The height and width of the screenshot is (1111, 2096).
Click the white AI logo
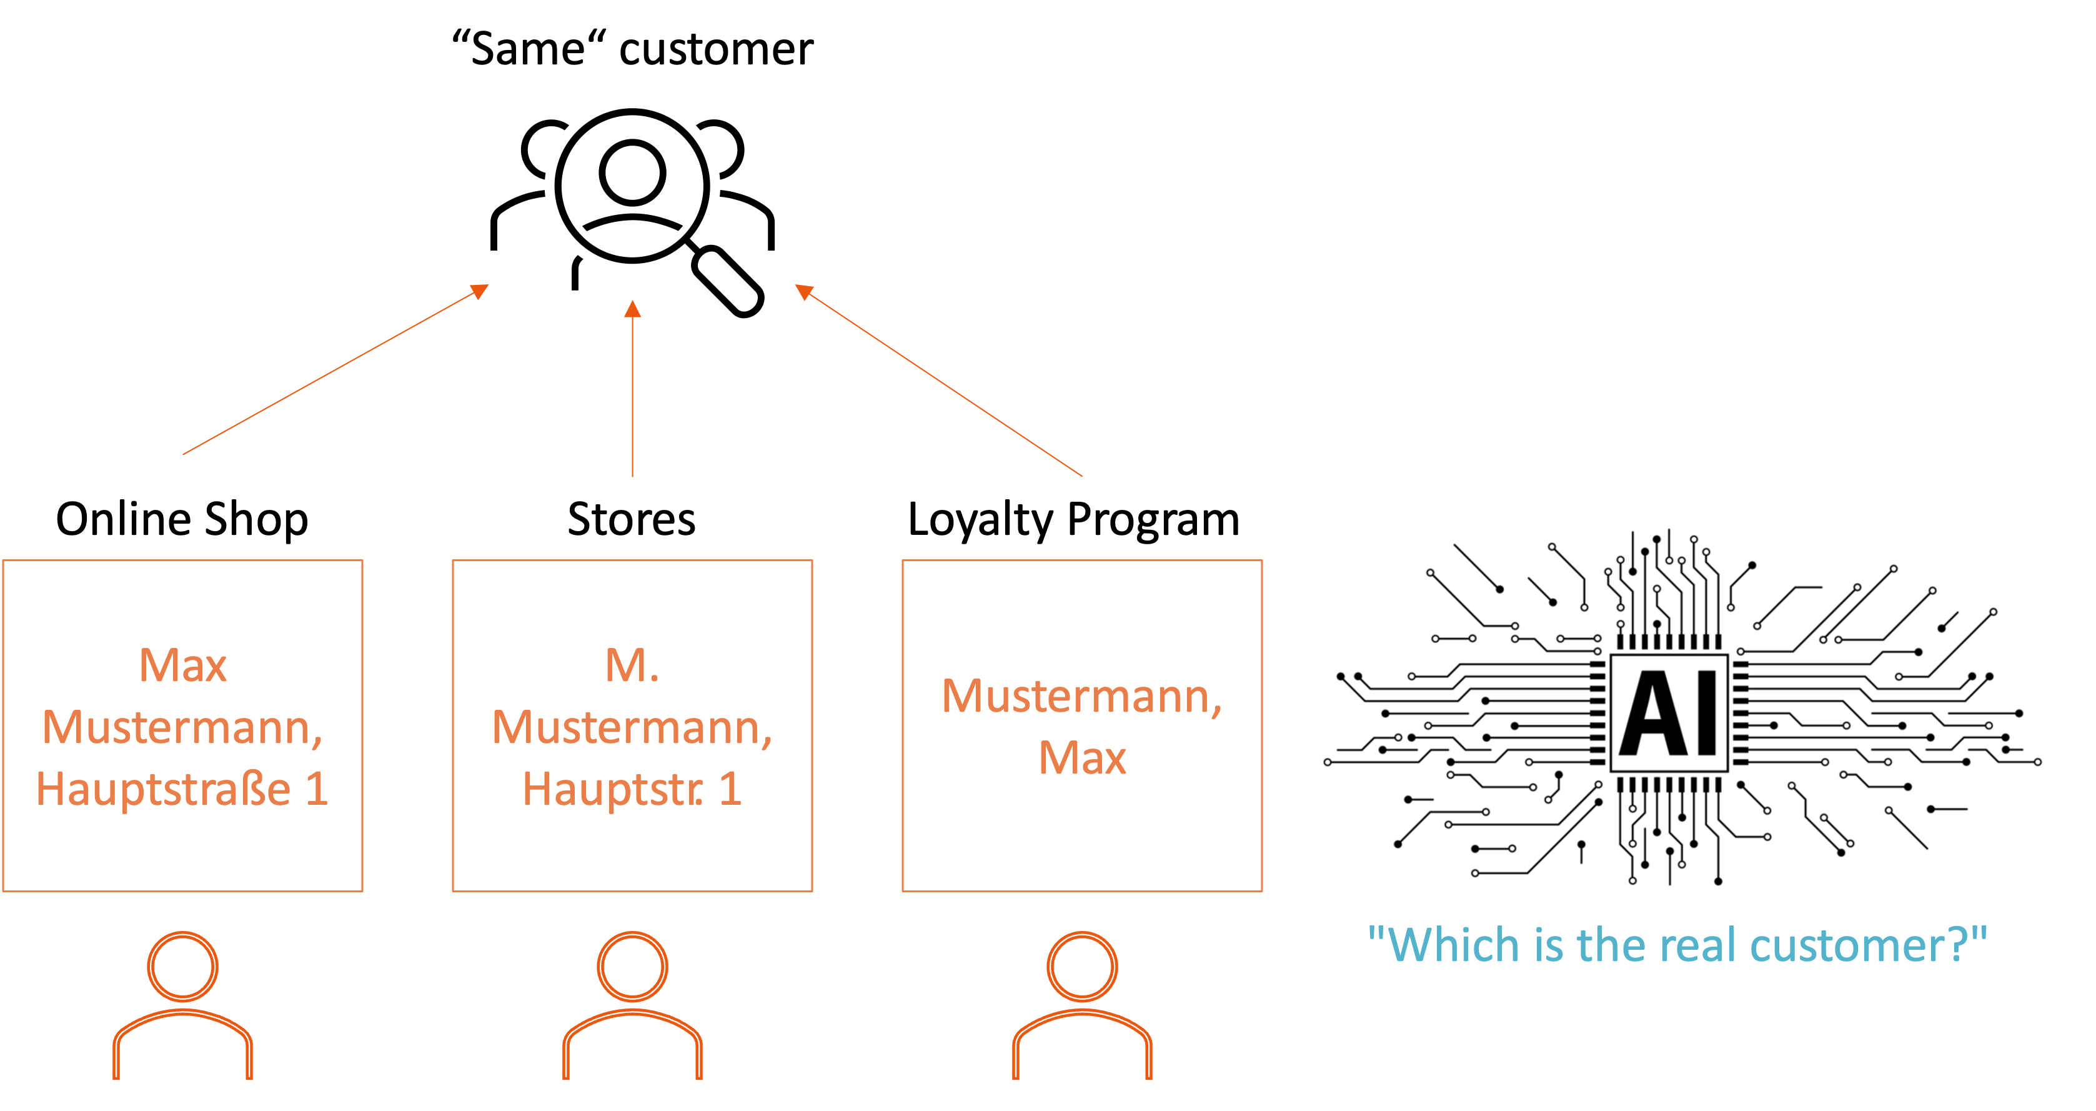(1669, 713)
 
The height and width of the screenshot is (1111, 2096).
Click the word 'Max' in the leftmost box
(182, 665)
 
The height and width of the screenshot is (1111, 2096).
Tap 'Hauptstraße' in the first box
(162, 789)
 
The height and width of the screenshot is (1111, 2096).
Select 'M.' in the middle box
(632, 665)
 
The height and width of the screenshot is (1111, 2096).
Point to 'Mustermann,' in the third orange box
(1081, 697)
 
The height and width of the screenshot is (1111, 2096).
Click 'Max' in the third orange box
(1082, 758)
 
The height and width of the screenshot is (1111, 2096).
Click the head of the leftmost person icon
(182, 966)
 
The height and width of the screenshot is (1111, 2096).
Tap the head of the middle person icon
(632, 966)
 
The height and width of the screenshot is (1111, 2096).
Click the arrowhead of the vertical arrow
(632, 309)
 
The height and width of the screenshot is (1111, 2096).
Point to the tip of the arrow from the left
(481, 290)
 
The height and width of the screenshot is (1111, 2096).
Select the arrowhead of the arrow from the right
(803, 291)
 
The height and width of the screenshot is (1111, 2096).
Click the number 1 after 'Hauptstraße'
(317, 789)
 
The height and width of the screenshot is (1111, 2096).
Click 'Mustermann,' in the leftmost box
(182, 727)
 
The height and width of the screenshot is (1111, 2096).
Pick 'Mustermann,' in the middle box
(632, 727)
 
